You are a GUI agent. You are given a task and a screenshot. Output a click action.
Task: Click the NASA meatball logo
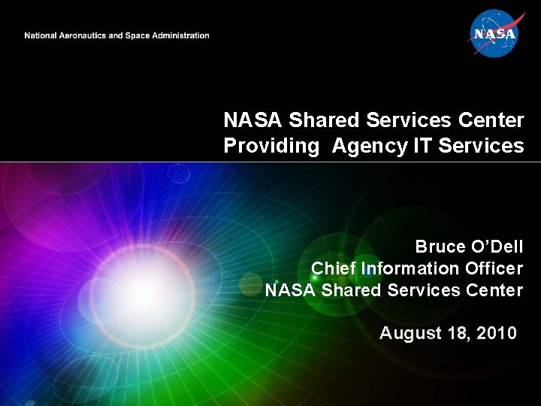(493, 32)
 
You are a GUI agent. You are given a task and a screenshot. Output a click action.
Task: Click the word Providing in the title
(271, 146)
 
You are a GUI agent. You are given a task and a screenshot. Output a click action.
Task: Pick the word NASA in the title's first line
(252, 120)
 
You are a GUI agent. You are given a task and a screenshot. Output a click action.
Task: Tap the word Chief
(334, 268)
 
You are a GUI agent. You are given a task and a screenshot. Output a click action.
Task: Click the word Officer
(493, 268)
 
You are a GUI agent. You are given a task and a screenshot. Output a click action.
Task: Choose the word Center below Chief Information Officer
(494, 289)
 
